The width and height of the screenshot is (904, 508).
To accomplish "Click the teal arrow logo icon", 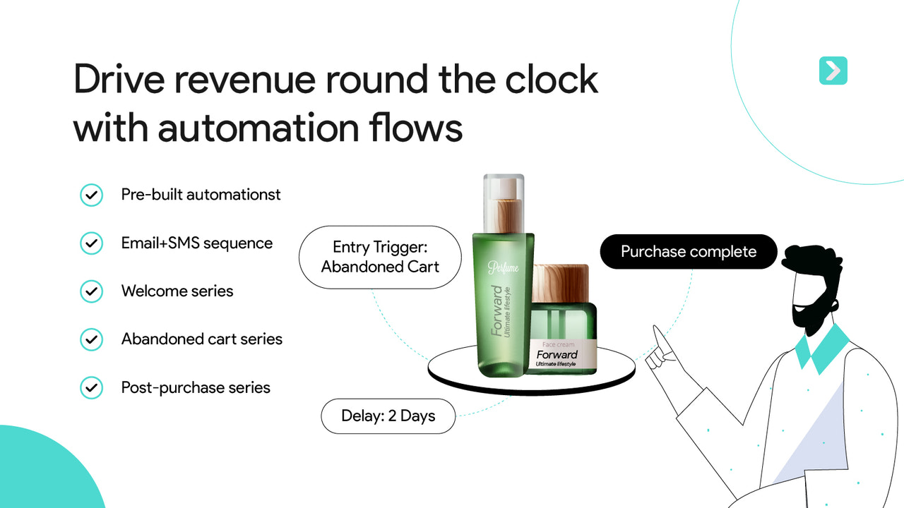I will tap(833, 71).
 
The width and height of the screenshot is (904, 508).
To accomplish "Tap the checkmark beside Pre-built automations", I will tap(91, 195).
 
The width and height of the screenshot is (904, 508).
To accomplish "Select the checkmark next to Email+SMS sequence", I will tap(91, 243).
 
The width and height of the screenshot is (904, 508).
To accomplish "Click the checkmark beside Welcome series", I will tap(91, 291).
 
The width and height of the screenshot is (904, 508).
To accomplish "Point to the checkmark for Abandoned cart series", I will tap(91, 339).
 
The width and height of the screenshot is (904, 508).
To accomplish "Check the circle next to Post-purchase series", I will tap(91, 387).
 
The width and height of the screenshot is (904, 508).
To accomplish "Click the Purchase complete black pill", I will tap(688, 252).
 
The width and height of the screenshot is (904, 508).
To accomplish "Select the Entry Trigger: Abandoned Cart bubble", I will tap(380, 257).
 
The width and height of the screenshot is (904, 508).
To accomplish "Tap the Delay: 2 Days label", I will tap(388, 416).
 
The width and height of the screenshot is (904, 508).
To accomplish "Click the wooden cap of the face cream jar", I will tap(560, 283).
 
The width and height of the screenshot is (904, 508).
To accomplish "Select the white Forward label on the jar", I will tap(564, 355).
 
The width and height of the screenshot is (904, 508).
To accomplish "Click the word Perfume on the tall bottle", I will tap(503, 267).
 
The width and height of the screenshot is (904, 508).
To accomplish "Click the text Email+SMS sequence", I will tap(196, 243).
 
